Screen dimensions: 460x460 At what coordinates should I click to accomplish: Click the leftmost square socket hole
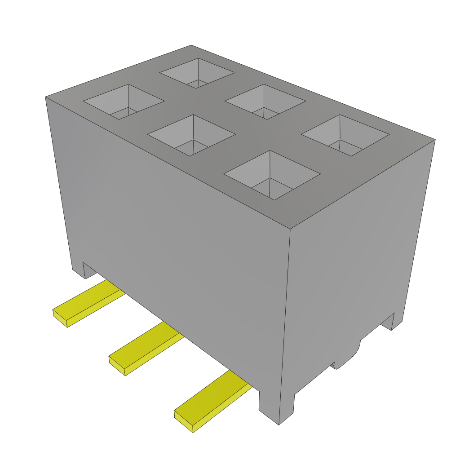(x=124, y=102)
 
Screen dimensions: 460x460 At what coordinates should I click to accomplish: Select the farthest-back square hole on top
(x=197, y=73)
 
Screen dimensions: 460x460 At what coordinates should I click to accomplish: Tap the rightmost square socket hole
(x=345, y=135)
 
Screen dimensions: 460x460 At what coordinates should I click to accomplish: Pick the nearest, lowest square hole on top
(x=272, y=175)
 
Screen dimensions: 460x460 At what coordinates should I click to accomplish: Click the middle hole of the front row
(x=191, y=135)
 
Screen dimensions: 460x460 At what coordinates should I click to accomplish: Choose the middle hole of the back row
(x=265, y=102)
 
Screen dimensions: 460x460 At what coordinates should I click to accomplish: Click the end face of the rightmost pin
(x=183, y=421)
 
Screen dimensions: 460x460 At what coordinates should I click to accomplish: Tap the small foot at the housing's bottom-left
(x=78, y=270)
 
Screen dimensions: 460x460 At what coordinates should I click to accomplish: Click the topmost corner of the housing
(x=191, y=45)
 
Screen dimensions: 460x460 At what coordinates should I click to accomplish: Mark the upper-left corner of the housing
(x=46, y=97)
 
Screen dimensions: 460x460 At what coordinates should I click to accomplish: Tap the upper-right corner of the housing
(x=435, y=140)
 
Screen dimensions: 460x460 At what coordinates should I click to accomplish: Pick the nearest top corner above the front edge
(x=289, y=229)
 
